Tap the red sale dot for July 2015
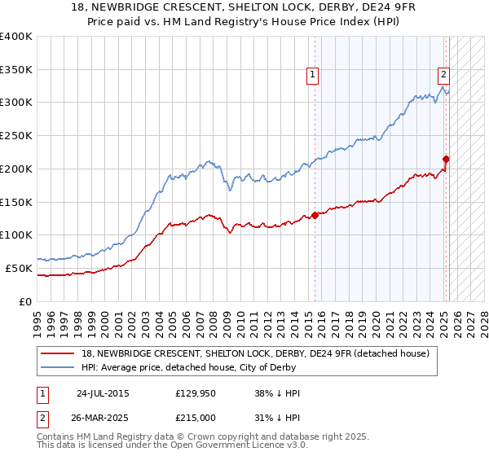point(315,216)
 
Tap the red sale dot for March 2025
point(447,159)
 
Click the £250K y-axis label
point(16,136)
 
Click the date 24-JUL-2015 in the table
point(103,393)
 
